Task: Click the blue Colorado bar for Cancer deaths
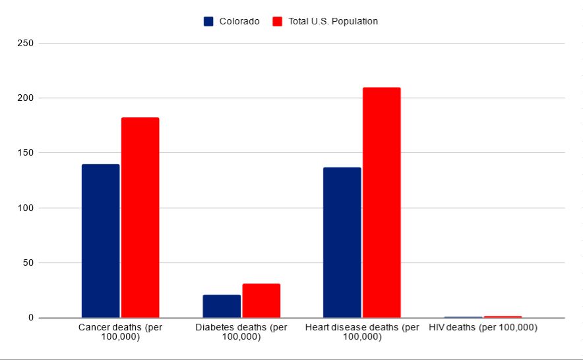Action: [x=100, y=241]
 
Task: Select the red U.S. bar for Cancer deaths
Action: [x=140, y=218]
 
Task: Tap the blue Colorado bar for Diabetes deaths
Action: [x=222, y=306]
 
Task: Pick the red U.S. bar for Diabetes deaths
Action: [x=261, y=301]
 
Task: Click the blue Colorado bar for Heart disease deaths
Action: [x=342, y=242]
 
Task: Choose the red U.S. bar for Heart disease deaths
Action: [x=381, y=202]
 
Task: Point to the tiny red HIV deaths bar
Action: [x=503, y=317]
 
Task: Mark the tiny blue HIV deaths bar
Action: [x=463, y=317]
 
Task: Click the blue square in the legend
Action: [x=208, y=21]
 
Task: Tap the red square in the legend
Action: [x=277, y=21]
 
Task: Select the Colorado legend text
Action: [x=239, y=21]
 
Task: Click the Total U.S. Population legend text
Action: [x=333, y=21]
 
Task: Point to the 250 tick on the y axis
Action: [x=27, y=44]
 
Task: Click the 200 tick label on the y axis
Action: [x=27, y=98]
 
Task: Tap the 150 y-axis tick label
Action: [x=27, y=153]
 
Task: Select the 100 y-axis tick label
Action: [x=27, y=208]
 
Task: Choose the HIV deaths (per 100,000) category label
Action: [x=483, y=328]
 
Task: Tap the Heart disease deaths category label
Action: [x=362, y=332]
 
